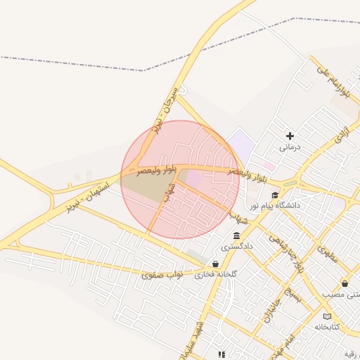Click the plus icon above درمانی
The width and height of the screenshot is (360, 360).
click(290, 135)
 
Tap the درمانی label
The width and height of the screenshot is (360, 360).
click(290, 148)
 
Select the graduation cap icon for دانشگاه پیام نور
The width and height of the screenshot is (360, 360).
click(275, 195)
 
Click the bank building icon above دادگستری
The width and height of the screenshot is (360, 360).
click(237, 236)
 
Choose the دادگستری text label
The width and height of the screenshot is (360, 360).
click(236, 247)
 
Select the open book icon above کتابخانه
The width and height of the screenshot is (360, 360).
click(327, 316)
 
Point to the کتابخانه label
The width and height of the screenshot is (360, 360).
click(326, 328)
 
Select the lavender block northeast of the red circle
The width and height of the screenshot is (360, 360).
click(241, 144)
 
